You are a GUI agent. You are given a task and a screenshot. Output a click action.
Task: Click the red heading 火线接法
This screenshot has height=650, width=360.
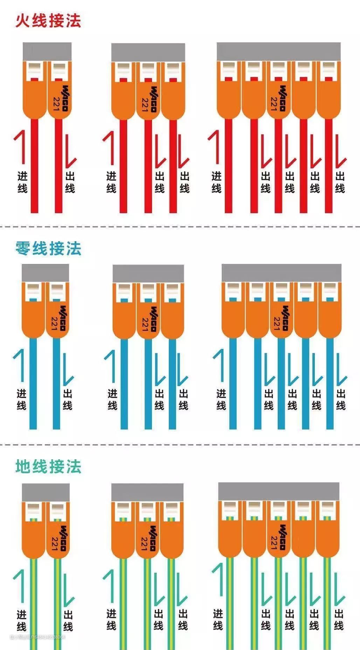48,21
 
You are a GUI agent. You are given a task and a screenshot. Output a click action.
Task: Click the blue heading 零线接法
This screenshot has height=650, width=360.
48,249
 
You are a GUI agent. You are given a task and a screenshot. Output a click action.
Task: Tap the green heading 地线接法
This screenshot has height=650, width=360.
48,467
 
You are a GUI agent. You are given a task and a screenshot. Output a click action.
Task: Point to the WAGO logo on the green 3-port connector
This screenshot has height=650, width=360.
153,538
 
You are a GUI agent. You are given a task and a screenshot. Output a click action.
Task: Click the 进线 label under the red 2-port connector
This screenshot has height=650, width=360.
22,182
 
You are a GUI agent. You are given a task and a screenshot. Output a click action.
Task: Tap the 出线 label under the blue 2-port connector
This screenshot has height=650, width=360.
68,400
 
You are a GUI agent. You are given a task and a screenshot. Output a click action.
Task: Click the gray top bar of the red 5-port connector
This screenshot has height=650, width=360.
278,51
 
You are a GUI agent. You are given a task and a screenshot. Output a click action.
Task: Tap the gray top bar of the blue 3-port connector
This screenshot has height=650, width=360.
148,273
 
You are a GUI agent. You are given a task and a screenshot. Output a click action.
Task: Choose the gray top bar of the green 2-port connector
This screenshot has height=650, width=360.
46,492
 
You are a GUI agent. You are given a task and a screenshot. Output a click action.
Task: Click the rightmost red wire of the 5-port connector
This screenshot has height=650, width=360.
328,168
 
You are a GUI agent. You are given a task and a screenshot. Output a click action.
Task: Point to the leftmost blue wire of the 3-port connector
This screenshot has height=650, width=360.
124,385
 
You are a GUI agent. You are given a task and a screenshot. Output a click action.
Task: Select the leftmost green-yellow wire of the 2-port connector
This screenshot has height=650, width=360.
34,602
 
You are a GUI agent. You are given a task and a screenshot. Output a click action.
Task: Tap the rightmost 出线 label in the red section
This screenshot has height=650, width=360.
340,182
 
